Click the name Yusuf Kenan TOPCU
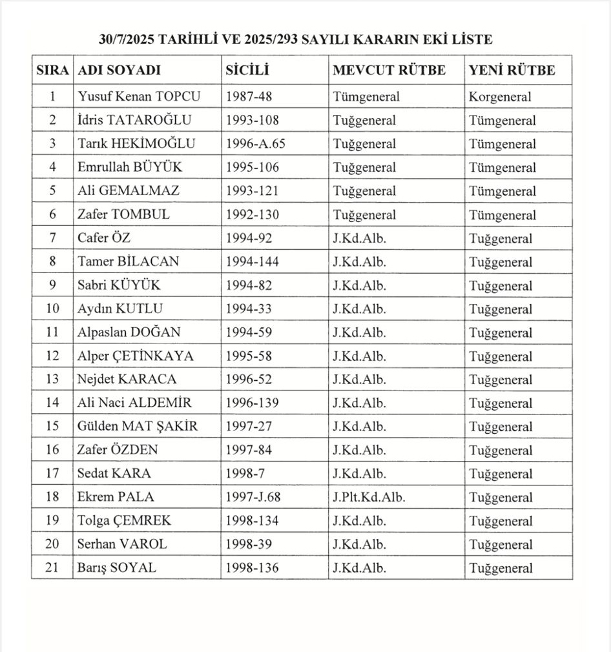point(139,97)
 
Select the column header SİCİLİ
point(247,70)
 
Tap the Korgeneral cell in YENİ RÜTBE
point(500,97)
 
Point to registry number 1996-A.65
point(255,144)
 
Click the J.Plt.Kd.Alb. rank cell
point(369,497)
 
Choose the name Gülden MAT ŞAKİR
point(138,426)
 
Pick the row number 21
point(52,568)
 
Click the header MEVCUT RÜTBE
point(389,70)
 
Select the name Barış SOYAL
point(117,568)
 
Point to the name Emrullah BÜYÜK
point(130,167)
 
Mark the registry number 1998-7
point(245,473)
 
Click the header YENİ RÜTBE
point(512,70)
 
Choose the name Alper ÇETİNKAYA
point(136,356)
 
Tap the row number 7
point(52,238)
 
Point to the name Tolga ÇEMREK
point(125,520)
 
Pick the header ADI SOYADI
point(119,70)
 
